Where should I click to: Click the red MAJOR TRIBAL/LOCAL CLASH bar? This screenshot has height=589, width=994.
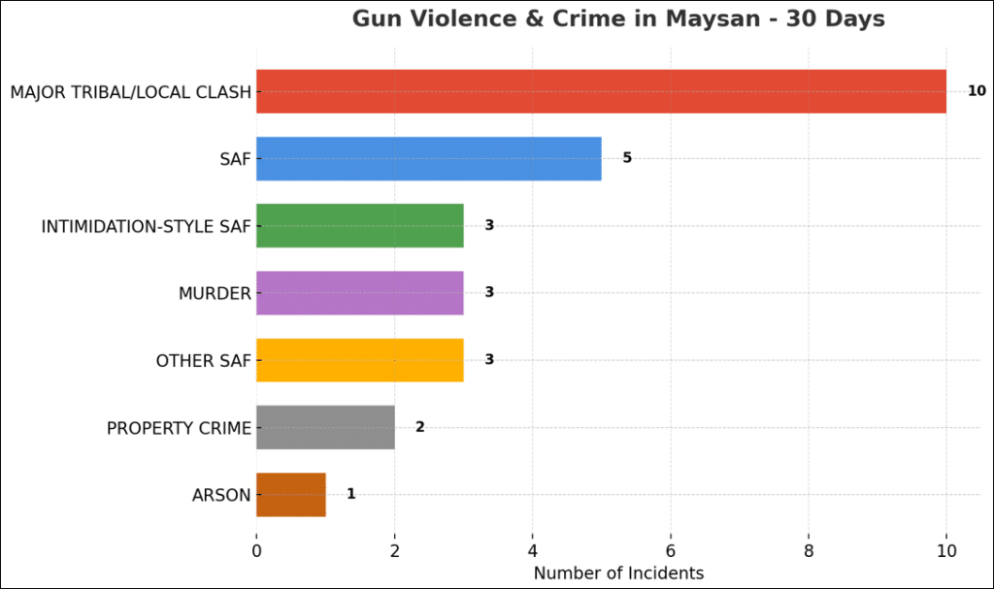tap(601, 91)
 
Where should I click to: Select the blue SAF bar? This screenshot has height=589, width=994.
tap(428, 158)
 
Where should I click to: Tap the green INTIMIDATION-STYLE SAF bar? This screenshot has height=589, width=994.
tap(359, 225)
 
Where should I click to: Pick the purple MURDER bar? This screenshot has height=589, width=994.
tap(359, 293)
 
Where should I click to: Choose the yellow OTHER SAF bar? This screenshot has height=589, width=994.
tap(359, 360)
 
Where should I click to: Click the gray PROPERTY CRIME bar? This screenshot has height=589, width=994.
tap(325, 427)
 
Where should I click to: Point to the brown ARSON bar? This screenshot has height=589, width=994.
tap(290, 494)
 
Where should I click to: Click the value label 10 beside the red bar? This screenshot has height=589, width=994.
tap(976, 91)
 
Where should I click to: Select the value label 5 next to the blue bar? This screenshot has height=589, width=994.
tap(627, 158)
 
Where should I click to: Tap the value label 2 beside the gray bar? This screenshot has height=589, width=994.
tap(420, 427)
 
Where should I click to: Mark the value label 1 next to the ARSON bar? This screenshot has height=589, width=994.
tap(351, 494)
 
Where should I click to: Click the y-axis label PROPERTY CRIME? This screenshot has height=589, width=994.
tap(179, 428)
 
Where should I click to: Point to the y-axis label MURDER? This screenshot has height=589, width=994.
tap(215, 293)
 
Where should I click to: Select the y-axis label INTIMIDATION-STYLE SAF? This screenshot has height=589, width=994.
tap(146, 226)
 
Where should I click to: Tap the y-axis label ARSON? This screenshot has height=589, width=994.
tap(221, 495)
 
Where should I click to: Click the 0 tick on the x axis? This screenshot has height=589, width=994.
tap(256, 550)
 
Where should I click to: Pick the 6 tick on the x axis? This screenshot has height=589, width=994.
tap(671, 550)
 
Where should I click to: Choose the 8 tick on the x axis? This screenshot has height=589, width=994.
tap(809, 550)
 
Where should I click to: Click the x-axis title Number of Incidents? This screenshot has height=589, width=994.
tap(618, 573)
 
